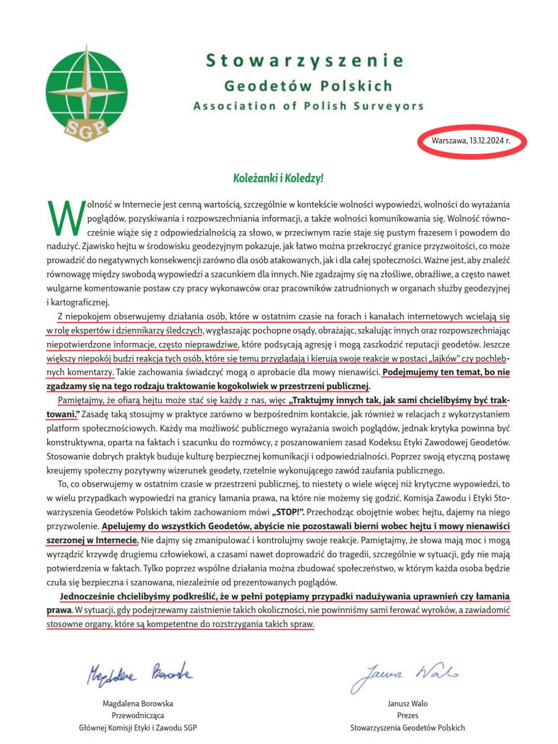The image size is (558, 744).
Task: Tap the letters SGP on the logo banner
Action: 86,129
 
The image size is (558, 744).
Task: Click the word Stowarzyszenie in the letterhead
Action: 305,60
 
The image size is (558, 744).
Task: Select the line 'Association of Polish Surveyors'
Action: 308,106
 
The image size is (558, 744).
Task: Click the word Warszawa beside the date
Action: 449,140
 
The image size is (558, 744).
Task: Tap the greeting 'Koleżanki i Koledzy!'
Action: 278,178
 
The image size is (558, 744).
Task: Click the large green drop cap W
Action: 66,218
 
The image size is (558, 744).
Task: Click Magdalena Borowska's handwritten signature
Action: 139,673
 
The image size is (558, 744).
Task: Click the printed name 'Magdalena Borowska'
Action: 138,704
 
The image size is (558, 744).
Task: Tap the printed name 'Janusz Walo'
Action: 408,704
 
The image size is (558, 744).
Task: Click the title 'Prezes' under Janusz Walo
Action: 408,715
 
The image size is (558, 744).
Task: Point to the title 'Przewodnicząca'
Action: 138,715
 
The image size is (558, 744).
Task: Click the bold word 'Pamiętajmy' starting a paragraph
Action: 79,401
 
